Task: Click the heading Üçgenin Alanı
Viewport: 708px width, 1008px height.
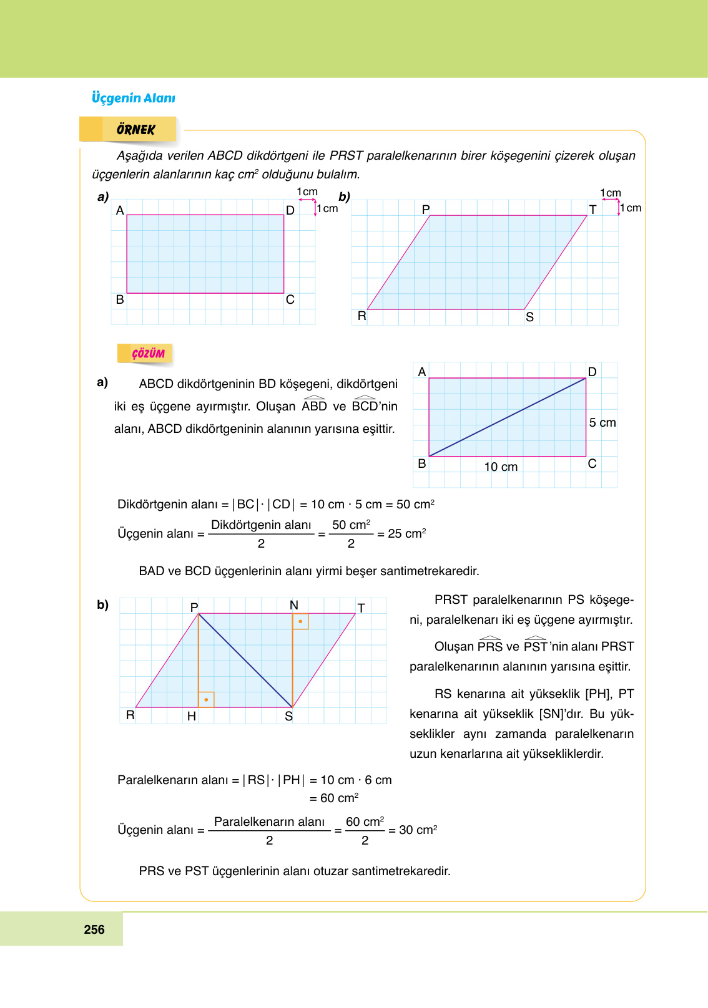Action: tap(133, 98)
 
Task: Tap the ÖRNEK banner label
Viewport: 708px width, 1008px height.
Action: tap(135, 130)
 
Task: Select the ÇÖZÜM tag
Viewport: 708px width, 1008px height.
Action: tap(148, 354)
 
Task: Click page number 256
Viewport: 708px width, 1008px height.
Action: tap(94, 929)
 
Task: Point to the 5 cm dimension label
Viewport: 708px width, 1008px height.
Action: tap(602, 423)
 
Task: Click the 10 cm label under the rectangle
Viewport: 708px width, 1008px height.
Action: tap(501, 467)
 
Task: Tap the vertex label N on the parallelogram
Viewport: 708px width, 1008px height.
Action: tap(294, 605)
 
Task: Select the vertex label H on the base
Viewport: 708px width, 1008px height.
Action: tap(192, 717)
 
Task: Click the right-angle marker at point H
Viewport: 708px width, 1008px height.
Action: tap(206, 699)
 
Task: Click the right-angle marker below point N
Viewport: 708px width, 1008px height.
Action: tap(300, 621)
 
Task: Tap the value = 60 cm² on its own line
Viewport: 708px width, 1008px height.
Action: tap(334, 798)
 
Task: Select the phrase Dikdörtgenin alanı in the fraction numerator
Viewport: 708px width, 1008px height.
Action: tap(261, 525)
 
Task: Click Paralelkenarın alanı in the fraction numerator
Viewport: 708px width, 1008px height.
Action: tap(269, 822)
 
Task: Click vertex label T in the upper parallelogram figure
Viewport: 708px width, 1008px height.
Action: tap(592, 210)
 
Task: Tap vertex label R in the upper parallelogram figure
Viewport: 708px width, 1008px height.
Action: tap(361, 316)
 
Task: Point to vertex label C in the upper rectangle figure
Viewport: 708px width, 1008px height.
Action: tap(290, 300)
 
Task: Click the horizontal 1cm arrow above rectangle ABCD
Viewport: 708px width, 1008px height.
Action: tap(307, 200)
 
